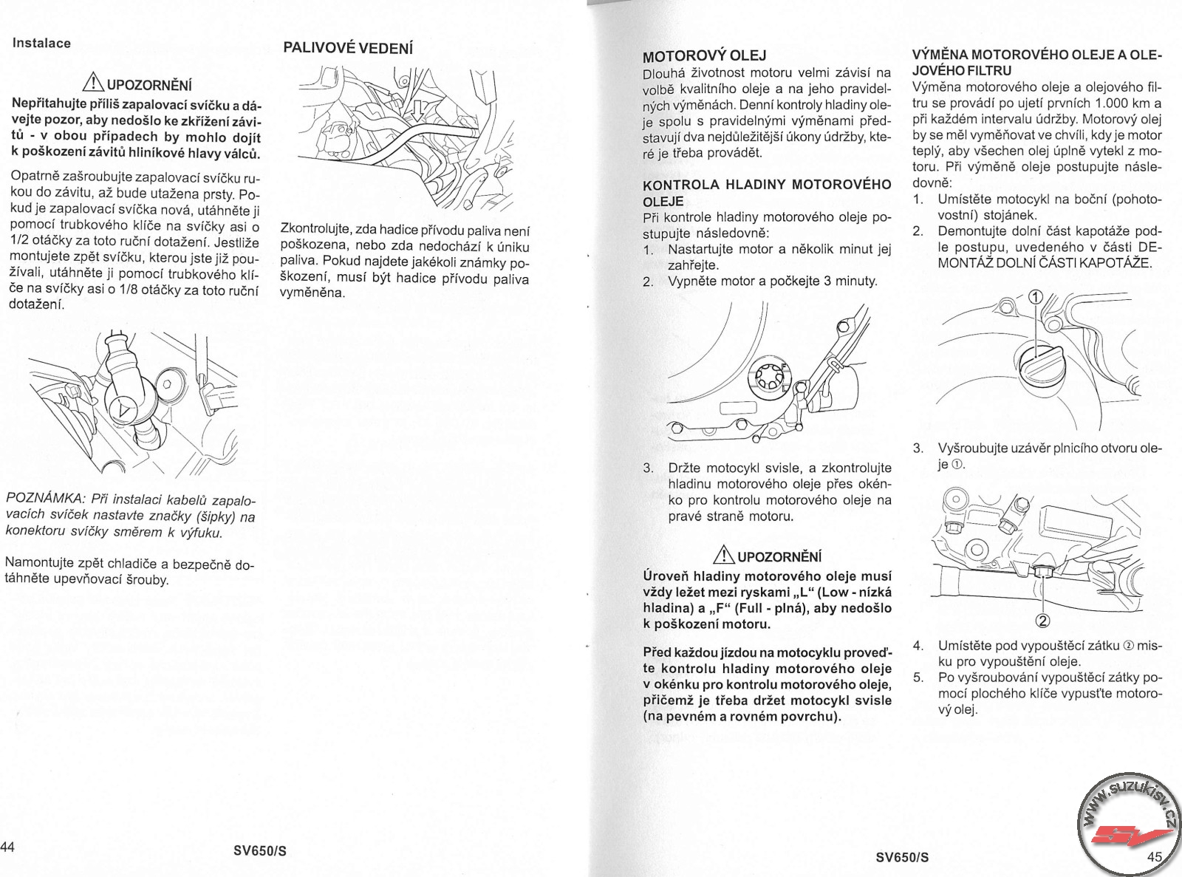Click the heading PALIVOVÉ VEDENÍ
(348, 48)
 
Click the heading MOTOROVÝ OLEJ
(704, 56)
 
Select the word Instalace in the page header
(42, 43)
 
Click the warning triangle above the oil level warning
(726, 556)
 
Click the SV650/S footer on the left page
(259, 850)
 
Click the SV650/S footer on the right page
(902, 857)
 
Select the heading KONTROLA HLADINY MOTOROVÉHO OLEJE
(767, 192)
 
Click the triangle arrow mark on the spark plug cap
(122, 407)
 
